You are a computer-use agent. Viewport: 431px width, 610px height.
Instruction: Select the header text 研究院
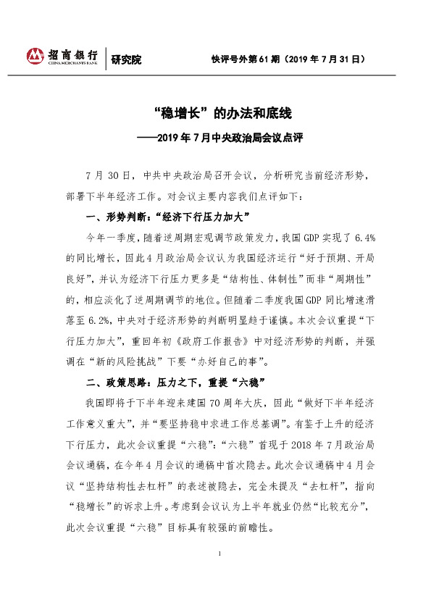126,59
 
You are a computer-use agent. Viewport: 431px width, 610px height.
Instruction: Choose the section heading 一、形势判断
117,217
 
